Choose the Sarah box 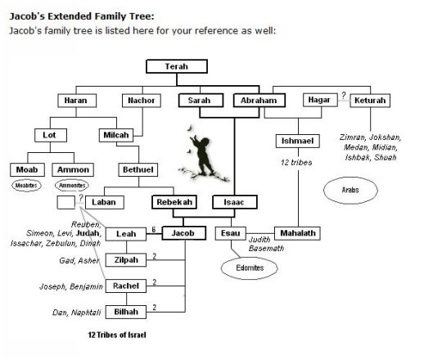(197, 101)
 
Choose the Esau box (231, 234)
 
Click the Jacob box (183, 234)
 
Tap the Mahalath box (296, 234)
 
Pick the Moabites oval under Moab (26, 186)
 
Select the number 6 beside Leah (153, 230)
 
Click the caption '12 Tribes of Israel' (120, 335)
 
